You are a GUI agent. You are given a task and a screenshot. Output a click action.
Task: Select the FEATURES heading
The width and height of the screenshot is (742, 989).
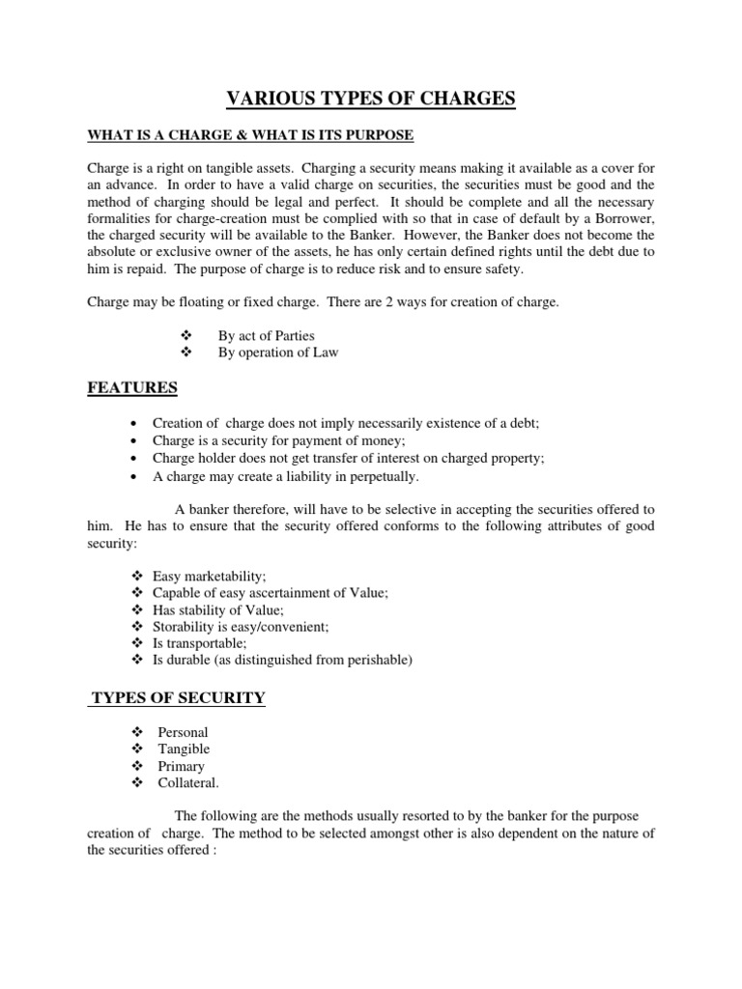click(132, 387)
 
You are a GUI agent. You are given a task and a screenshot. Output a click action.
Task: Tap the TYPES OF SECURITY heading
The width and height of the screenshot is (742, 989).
click(178, 698)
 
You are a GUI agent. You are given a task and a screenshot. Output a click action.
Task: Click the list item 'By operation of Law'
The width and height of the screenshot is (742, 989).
click(278, 353)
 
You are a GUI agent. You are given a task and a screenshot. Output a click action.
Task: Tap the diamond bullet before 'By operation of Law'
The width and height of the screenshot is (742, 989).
click(188, 353)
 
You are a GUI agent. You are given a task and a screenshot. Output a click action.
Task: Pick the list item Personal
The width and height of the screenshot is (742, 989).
click(183, 732)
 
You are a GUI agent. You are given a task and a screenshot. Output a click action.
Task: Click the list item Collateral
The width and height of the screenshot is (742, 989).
click(186, 782)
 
